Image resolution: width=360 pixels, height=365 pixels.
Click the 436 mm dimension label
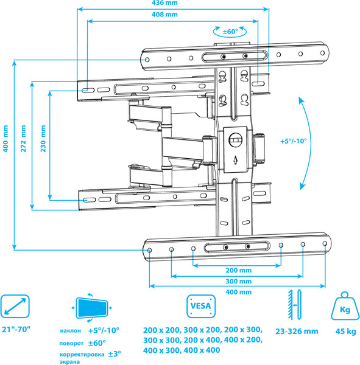click(x=174, y=4)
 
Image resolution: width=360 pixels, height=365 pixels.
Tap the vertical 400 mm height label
click(x=6, y=153)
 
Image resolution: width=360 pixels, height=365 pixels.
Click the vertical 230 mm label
click(x=43, y=144)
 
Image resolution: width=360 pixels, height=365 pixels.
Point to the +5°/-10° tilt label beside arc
click(x=294, y=141)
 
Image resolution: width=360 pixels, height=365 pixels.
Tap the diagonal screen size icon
click(x=16, y=307)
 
